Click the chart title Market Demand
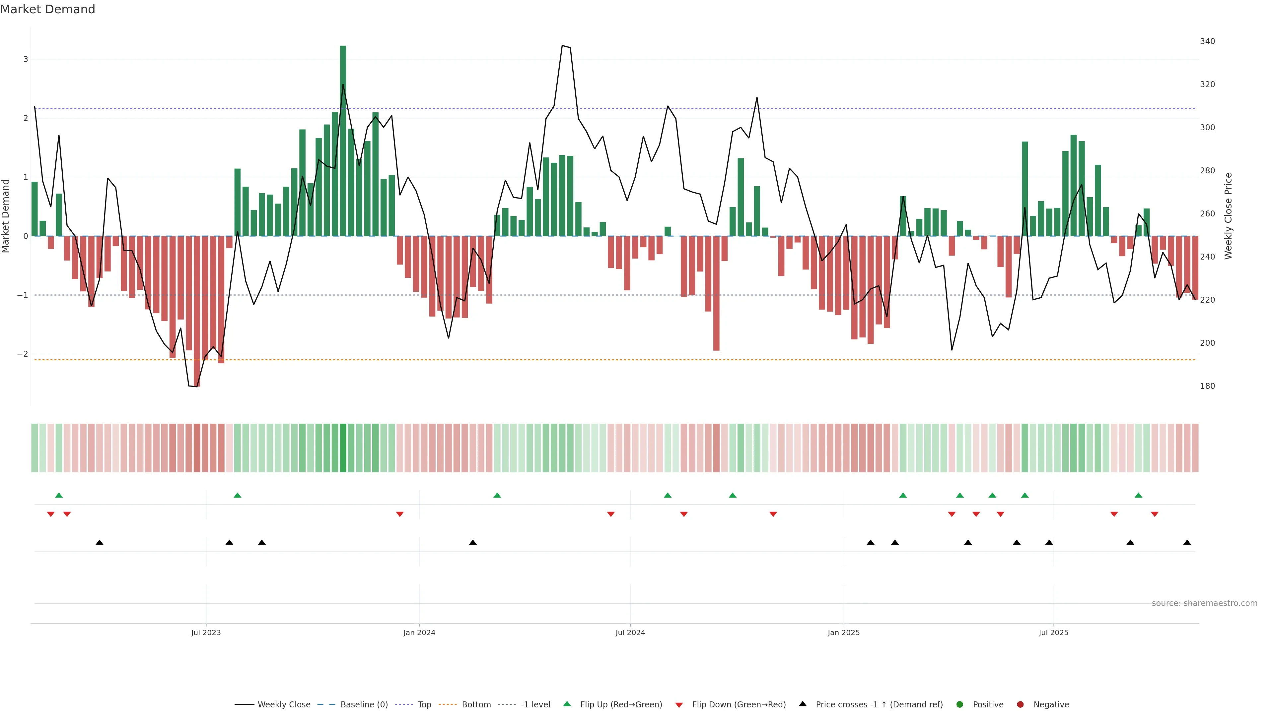pos(47,9)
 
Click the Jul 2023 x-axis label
pos(206,632)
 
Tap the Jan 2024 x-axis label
pos(419,632)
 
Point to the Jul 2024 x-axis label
pos(630,632)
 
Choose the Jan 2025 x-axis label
pos(844,632)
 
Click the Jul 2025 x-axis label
pos(1053,632)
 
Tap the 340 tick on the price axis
pos(1207,41)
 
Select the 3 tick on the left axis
pos(26,59)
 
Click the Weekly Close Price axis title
pos(1228,216)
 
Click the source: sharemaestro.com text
pos(1204,603)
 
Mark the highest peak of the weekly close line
pos(562,45)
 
